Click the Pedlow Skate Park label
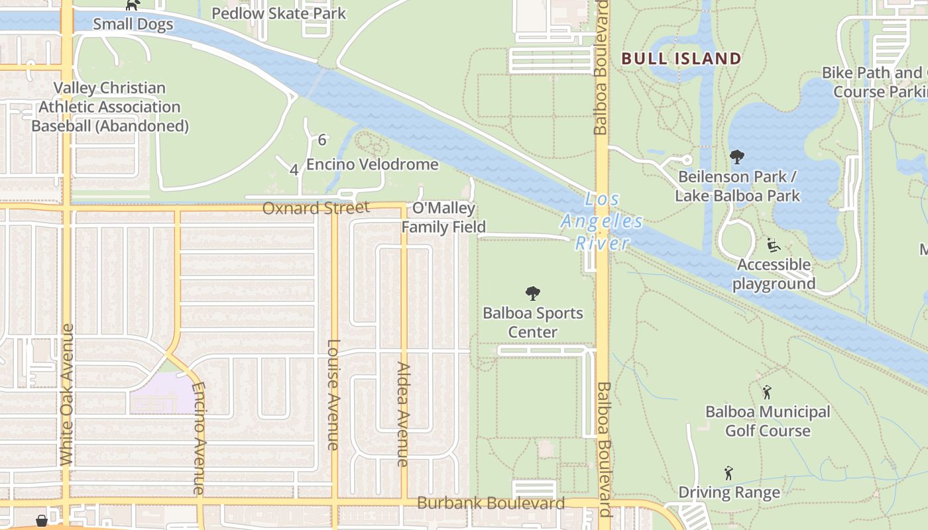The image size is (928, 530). tap(278, 13)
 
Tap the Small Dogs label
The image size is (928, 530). tap(133, 25)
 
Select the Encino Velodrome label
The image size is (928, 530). tap(372, 164)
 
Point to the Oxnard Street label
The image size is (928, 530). tap(316, 208)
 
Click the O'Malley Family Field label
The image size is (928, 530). tap(443, 218)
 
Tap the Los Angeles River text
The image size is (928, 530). tap(602, 221)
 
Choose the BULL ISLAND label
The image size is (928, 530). tap(681, 58)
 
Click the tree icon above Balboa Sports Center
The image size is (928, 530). tap(532, 293)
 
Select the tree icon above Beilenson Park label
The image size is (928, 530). tap(736, 157)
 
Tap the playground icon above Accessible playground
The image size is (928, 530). tap(773, 244)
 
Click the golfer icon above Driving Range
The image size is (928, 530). tap(728, 473)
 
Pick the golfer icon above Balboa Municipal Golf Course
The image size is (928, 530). tap(767, 392)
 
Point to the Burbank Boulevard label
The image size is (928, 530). tap(491, 503)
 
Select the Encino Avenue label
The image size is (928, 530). tap(198, 439)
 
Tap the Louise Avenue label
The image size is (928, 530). tap(333, 395)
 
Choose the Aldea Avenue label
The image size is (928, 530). tap(403, 414)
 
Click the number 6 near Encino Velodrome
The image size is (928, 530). tap(322, 140)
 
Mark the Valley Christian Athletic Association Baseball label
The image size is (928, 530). tap(110, 107)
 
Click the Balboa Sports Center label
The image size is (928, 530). tap(533, 322)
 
